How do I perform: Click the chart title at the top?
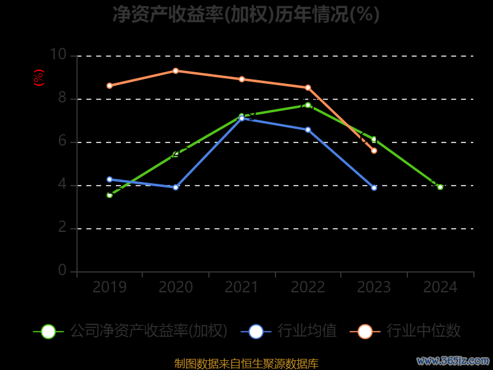pyautogui.click(x=246, y=14)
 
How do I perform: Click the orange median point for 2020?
pyautogui.click(x=176, y=71)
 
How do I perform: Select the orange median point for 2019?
pyautogui.click(x=110, y=86)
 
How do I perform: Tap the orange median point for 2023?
pyautogui.click(x=374, y=150)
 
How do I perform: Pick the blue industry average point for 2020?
pyautogui.click(x=176, y=187)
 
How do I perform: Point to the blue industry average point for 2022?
pyautogui.click(x=308, y=129)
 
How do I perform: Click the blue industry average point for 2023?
pyautogui.click(x=374, y=187)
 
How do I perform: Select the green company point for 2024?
pyautogui.click(x=440, y=187)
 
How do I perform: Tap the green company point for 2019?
pyautogui.click(x=110, y=195)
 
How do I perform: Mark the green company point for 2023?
pyautogui.click(x=374, y=139)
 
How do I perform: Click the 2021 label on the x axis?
pyautogui.click(x=242, y=287)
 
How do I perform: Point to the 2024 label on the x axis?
pyautogui.click(x=440, y=287)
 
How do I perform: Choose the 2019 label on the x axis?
pyautogui.click(x=110, y=287)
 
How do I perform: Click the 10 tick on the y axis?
pyautogui.click(x=58, y=55)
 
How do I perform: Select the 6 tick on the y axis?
pyautogui.click(x=62, y=141)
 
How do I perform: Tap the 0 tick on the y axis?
pyautogui.click(x=62, y=270)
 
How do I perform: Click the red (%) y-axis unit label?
pyautogui.click(x=38, y=78)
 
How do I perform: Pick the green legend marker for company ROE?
pyautogui.click(x=48, y=331)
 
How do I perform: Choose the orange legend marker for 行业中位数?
pyautogui.click(x=365, y=331)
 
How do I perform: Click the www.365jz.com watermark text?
pyautogui.click(x=453, y=360)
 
